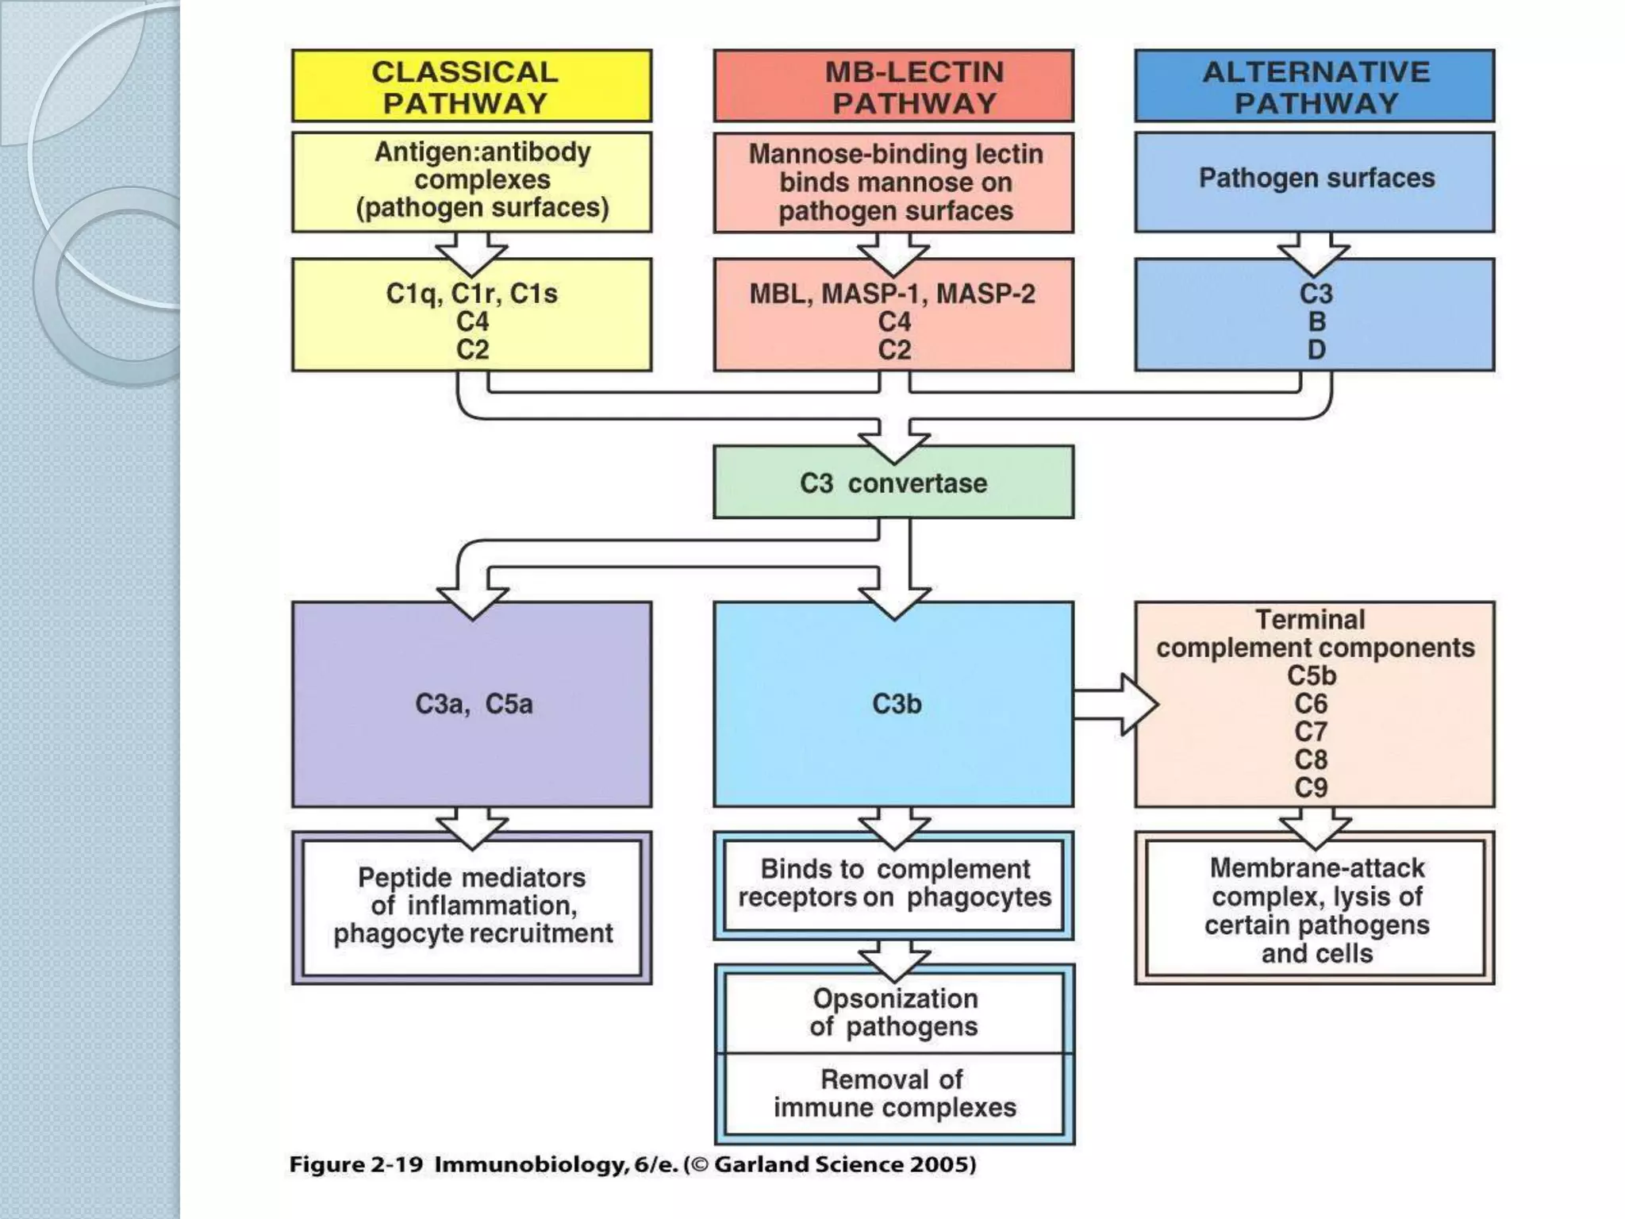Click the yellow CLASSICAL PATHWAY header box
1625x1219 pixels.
471,87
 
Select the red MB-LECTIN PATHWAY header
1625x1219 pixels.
893,87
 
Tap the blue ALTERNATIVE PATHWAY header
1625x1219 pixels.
1315,87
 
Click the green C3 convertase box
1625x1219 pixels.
893,483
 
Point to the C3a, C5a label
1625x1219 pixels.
474,704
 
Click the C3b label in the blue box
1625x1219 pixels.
897,704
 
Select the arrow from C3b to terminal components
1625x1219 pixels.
1115,704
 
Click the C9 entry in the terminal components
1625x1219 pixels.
1311,787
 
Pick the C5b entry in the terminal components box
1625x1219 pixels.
1311,676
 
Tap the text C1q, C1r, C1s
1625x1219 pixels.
471,294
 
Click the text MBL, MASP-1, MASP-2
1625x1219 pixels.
893,294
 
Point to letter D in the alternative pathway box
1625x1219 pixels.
1316,349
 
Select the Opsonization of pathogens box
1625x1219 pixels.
894,1012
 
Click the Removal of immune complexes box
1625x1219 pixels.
894,1094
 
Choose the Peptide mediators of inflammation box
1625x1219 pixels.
472,906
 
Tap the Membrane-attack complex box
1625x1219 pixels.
1316,909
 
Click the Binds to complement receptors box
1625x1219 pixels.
894,884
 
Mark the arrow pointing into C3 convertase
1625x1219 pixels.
894,440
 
